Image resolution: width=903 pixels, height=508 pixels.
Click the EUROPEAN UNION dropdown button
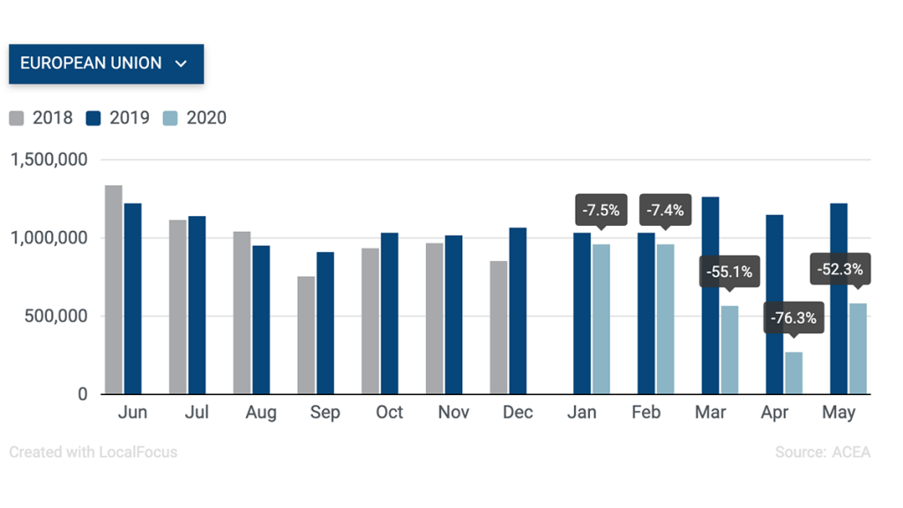click(x=106, y=63)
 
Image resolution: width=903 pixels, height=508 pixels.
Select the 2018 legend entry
click(x=41, y=118)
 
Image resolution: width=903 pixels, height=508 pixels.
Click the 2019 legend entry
click(x=118, y=118)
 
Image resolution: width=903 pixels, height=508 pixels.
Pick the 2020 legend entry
click(x=195, y=118)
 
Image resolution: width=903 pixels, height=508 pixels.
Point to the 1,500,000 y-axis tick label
click(x=49, y=161)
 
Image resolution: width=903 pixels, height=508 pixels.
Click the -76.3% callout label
click(x=793, y=317)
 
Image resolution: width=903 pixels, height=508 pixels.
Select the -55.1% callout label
click(x=728, y=272)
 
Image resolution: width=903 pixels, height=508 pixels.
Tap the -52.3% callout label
click(x=840, y=269)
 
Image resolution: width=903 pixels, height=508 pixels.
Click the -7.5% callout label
click(x=601, y=210)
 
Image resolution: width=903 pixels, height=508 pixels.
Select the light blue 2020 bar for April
click(x=795, y=372)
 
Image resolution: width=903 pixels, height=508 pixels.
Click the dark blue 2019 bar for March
click(x=710, y=295)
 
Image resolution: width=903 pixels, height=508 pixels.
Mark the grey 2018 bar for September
click(x=306, y=335)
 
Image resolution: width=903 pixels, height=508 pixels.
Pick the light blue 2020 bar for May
click(x=858, y=348)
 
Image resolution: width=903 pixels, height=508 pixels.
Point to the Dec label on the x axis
click(x=518, y=413)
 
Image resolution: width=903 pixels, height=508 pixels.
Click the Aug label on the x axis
click(x=261, y=413)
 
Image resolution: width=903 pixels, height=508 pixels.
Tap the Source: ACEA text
click(x=822, y=452)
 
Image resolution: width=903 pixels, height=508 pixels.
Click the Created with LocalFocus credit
click(x=93, y=452)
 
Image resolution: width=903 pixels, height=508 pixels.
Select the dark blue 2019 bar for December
click(x=518, y=310)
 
